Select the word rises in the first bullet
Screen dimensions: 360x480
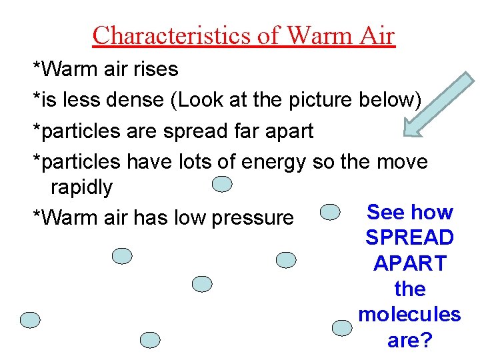coord(156,69)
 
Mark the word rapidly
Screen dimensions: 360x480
coord(81,187)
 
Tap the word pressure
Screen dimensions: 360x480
coord(251,218)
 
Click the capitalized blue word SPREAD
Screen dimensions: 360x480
coord(409,238)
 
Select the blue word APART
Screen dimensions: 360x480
coord(409,263)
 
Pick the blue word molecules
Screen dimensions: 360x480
coord(409,314)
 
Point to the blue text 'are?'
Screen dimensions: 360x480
coord(409,340)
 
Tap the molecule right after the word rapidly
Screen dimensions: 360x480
coord(222,184)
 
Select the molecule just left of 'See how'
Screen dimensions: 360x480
coord(330,212)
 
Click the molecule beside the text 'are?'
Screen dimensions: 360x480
coord(342,327)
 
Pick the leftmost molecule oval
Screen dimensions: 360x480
coord(30,320)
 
